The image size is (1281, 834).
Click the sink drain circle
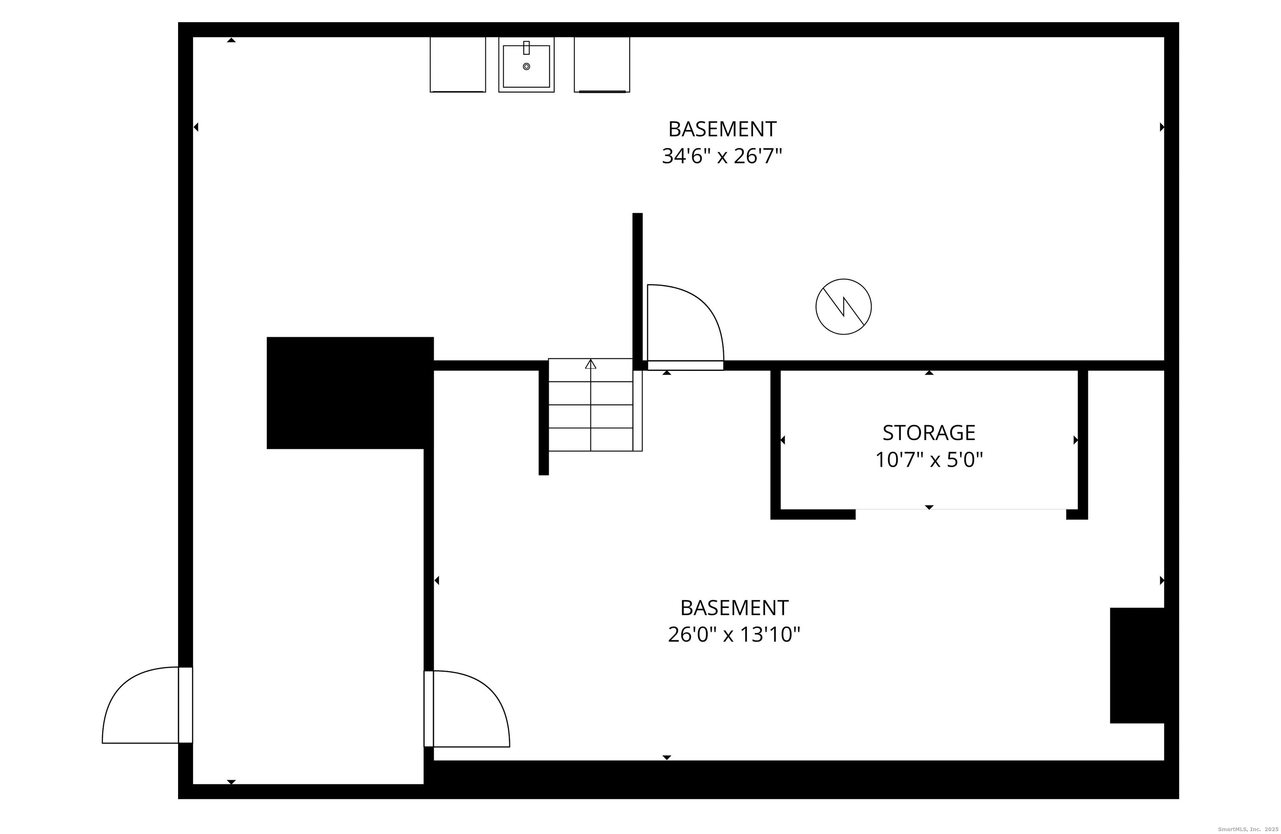[526, 66]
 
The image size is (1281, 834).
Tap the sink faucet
[526, 48]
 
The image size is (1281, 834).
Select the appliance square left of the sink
[457, 65]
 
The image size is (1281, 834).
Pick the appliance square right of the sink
[602, 65]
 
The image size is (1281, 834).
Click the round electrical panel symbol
[844, 307]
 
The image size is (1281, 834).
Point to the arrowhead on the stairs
[590, 364]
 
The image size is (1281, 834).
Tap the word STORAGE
[929, 433]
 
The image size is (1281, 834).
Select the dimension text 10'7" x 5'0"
[929, 460]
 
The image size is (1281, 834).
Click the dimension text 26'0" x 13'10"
[734, 635]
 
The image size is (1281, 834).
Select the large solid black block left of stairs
[350, 393]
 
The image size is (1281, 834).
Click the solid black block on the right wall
[1136, 666]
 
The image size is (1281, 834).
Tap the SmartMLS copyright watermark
[1248, 829]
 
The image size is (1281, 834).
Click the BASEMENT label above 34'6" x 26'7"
[722, 129]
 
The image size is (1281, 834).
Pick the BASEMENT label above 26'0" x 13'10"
[734, 608]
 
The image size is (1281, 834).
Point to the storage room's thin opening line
[961, 509]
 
